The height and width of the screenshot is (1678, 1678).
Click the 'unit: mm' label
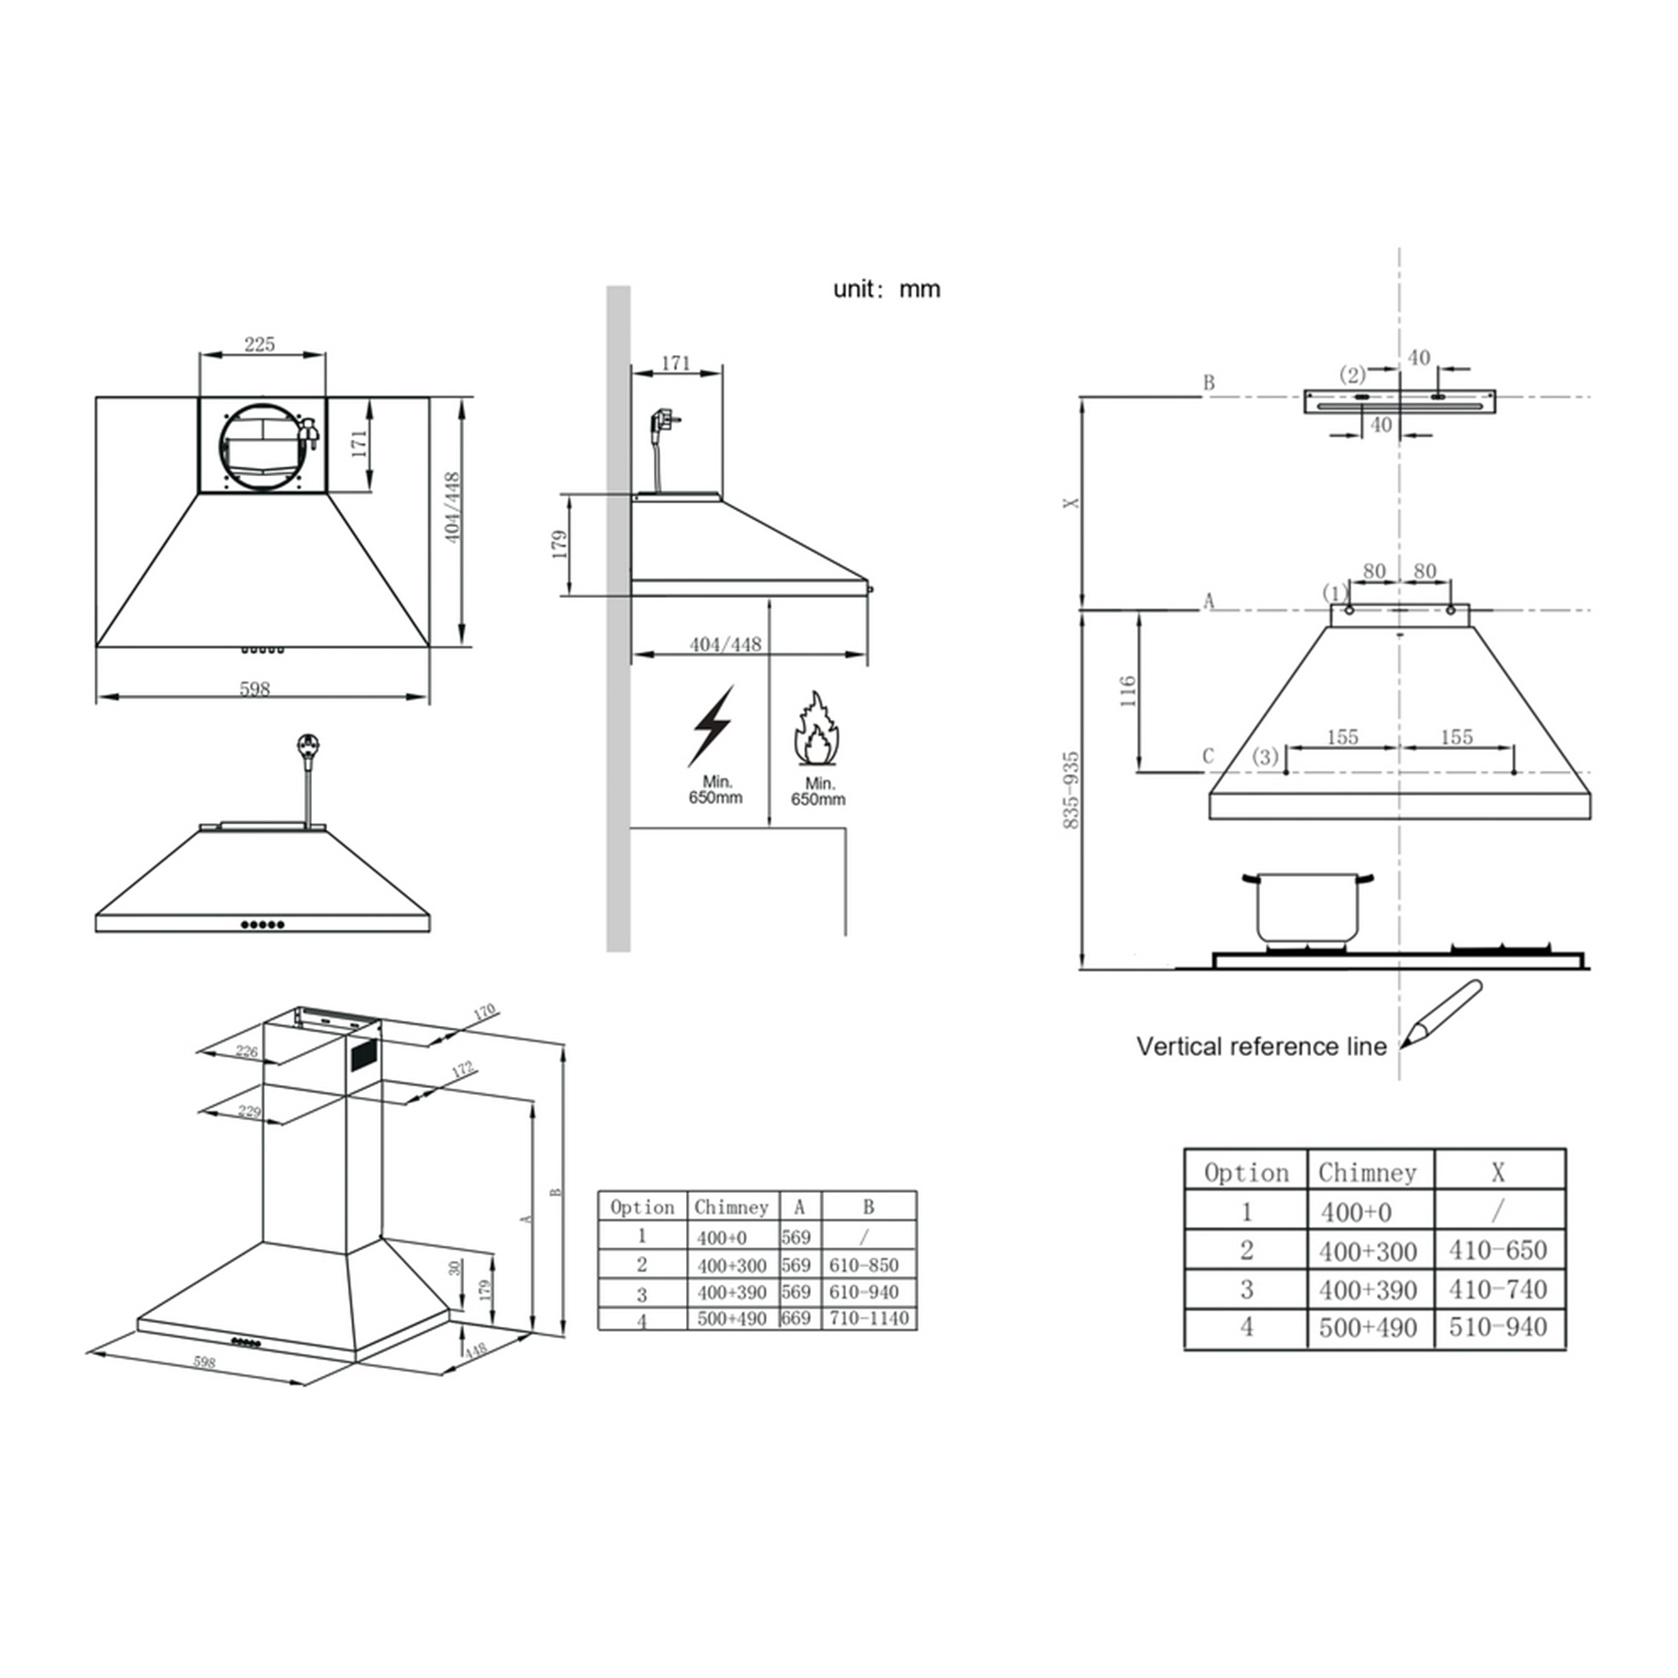[886, 289]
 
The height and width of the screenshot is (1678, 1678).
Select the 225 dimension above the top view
[260, 343]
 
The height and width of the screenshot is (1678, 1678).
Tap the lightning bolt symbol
[711, 726]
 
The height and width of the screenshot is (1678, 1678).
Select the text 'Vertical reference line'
[1261, 1046]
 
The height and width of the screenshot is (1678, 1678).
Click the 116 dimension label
[1127, 691]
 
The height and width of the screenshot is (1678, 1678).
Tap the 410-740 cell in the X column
[1498, 1289]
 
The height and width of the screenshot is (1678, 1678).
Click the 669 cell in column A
[796, 1318]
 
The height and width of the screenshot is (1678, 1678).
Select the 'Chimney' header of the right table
[1368, 1172]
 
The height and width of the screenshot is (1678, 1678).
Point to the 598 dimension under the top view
[254, 689]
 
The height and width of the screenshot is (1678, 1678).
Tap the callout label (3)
[1265, 756]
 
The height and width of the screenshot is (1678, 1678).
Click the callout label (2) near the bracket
[1352, 375]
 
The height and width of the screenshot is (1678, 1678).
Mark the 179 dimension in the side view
[560, 544]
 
